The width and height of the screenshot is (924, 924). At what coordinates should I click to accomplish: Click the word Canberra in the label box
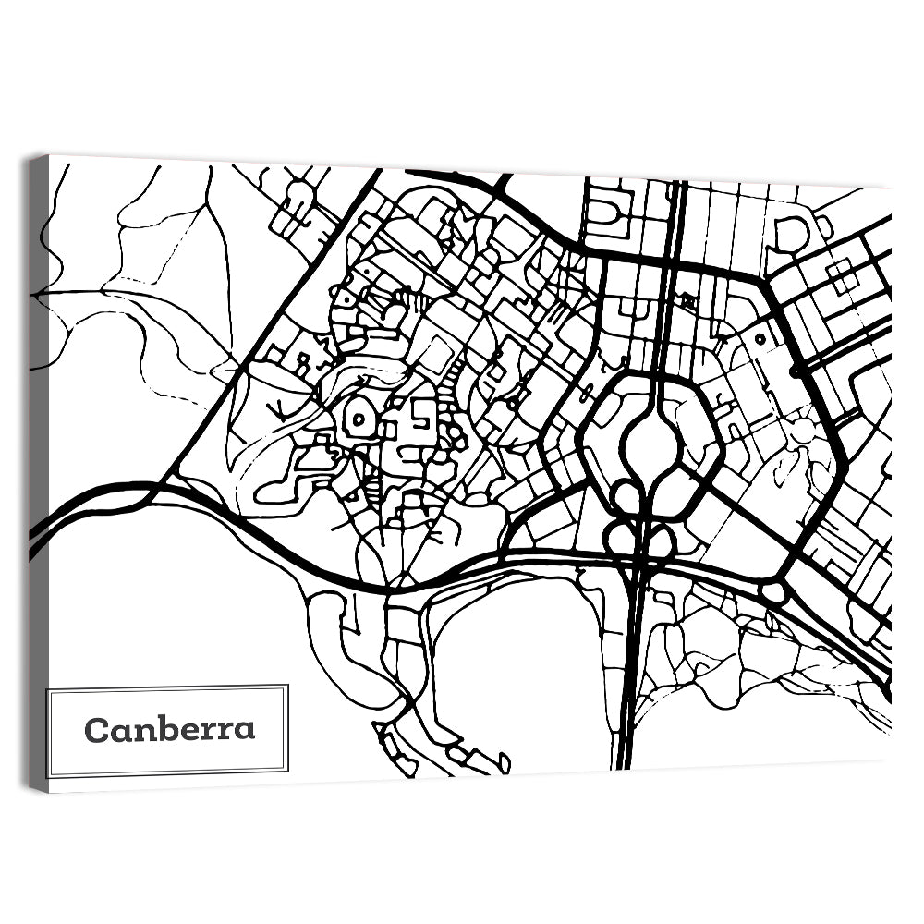click(169, 729)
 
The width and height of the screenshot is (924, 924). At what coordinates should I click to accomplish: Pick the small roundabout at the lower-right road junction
click(772, 592)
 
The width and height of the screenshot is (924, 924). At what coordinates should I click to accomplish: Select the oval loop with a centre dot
click(359, 421)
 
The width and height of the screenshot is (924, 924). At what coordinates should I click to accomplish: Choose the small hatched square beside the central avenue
click(688, 301)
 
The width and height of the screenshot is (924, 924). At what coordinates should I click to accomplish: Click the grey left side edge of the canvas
click(38, 471)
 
